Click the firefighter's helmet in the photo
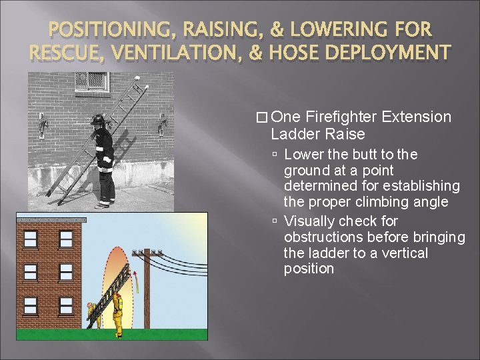(x=99, y=120)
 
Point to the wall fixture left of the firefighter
(x=43, y=124)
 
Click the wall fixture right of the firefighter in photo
(x=162, y=124)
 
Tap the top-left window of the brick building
(x=31, y=239)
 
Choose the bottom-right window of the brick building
(x=66, y=305)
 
